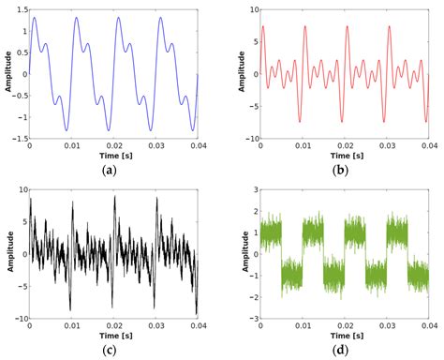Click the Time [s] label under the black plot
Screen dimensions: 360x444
click(x=112, y=333)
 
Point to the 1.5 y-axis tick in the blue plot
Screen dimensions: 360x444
click(x=19, y=9)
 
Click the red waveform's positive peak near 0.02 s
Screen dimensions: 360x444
click(x=346, y=27)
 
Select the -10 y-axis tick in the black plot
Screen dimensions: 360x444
click(x=16, y=319)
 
